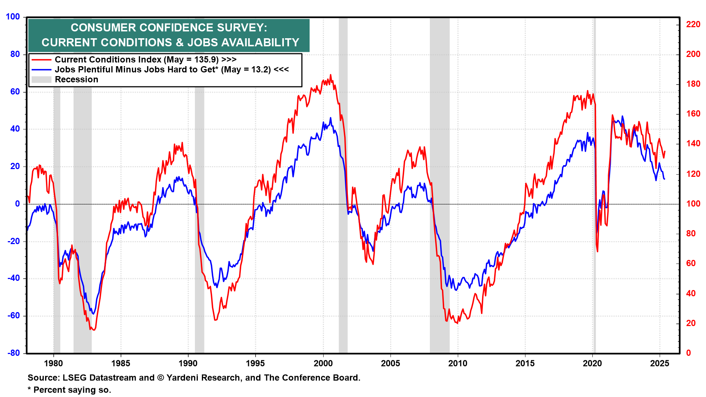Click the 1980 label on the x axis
(x=53, y=364)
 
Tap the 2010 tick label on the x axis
(x=458, y=364)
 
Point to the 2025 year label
(x=660, y=364)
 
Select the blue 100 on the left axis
(x=13, y=17)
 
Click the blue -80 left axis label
(x=14, y=353)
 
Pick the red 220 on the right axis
(x=693, y=24)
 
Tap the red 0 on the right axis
(x=689, y=353)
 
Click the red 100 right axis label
(x=693, y=204)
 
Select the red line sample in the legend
(x=41, y=60)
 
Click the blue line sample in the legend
(x=41, y=69)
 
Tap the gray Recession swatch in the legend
(x=41, y=79)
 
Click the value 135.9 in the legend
(x=207, y=60)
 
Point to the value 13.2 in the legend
(x=261, y=69)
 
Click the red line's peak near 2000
(x=330, y=75)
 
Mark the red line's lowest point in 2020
(x=598, y=251)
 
